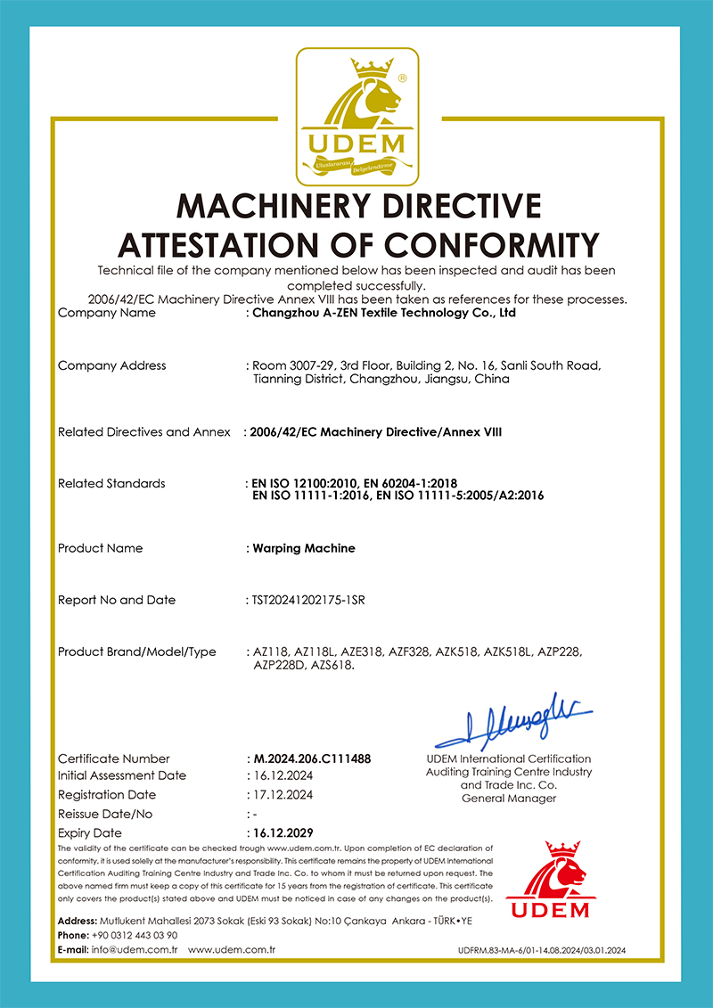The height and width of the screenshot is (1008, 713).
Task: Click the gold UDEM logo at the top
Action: (x=356, y=114)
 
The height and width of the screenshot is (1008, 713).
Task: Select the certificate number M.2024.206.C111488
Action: (x=311, y=758)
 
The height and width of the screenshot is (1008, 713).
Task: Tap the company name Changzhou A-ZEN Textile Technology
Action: (x=383, y=313)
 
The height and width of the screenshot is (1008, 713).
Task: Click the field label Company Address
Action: (x=111, y=365)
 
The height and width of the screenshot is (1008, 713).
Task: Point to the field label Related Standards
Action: (x=111, y=483)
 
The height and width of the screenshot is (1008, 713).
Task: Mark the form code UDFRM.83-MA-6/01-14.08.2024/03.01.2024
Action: (x=553, y=952)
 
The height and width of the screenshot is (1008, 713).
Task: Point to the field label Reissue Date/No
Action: (x=105, y=814)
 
